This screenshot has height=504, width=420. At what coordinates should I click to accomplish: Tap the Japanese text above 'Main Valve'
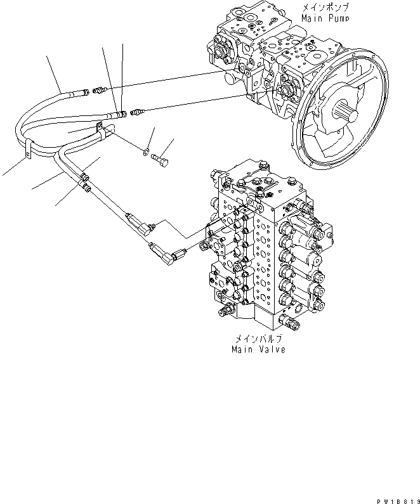(258, 339)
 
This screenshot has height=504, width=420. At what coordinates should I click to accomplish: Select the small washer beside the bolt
(146, 152)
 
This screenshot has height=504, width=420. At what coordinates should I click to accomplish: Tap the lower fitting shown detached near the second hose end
(137, 113)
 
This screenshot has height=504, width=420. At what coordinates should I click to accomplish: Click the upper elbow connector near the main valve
(140, 221)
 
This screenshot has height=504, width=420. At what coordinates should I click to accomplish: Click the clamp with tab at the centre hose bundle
(101, 130)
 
